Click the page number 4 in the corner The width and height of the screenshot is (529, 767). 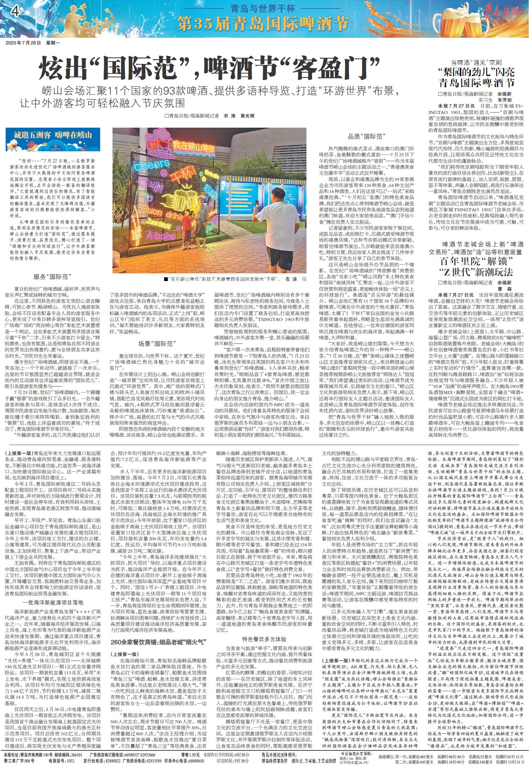click(14, 11)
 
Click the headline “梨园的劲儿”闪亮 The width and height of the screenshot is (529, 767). click(476, 73)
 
